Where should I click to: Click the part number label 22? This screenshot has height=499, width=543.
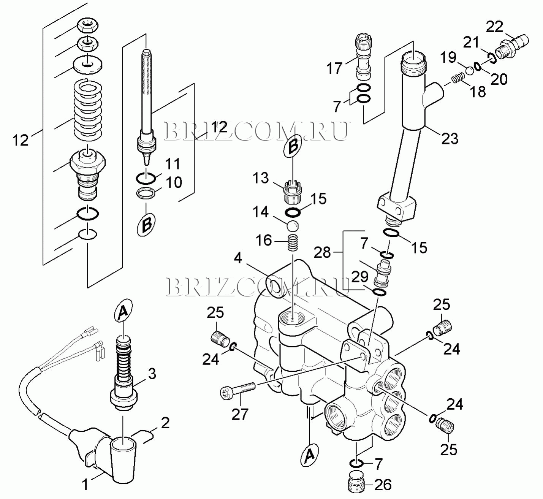point(494,27)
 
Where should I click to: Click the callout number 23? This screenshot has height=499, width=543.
point(450,138)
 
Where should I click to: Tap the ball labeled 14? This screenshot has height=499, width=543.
point(293,226)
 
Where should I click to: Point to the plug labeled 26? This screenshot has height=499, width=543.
point(357,482)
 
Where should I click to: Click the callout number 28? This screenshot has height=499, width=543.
point(323,252)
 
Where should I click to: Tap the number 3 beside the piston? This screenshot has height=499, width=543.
point(152,373)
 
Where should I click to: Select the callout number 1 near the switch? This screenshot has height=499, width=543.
point(85,484)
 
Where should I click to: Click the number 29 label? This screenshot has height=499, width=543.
point(359,277)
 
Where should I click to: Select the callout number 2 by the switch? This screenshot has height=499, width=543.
point(165,423)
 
